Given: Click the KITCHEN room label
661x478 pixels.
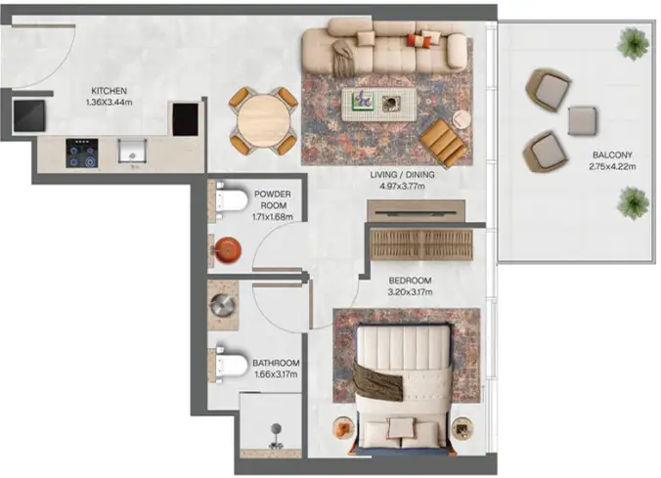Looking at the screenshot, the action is [109, 91].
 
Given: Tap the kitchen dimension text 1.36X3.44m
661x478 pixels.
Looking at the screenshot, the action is [109, 102].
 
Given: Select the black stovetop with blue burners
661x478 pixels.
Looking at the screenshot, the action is [82, 153].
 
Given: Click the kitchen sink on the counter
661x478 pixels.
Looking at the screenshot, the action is [132, 152].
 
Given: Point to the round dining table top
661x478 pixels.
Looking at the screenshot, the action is [264, 121].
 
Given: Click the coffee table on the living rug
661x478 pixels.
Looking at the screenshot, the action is [378, 105].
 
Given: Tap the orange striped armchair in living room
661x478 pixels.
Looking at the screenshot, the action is [444, 143].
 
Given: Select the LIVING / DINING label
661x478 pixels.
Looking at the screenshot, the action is [402, 175].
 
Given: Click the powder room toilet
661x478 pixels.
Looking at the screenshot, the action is [230, 200].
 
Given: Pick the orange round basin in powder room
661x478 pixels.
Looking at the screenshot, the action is [228, 250].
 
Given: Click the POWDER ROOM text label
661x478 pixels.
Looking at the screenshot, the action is [273, 199].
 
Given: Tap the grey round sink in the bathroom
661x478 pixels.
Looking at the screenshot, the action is [223, 305].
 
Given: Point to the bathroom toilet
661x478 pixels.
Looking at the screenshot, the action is [231, 365].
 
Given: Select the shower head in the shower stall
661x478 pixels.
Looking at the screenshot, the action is [276, 429].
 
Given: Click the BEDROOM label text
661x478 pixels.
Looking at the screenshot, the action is [410, 281].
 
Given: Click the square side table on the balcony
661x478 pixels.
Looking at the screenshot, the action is [583, 121].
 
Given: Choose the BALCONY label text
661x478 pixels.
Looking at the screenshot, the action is [612, 154].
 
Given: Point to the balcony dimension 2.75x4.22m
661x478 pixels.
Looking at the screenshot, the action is [612, 166].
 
